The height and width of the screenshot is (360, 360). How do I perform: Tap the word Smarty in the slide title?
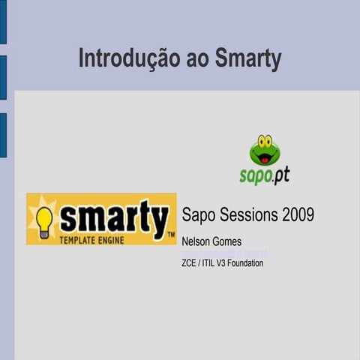pos(248,59)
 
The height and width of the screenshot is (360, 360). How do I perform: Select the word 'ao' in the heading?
pos(198,59)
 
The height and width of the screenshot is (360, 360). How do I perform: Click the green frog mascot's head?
pos(264,151)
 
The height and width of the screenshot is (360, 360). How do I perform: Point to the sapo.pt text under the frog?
pos(264,175)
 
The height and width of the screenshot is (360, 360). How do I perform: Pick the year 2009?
pos(298,214)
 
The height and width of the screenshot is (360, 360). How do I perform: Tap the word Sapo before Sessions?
pos(197,214)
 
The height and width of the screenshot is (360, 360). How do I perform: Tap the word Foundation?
pos(246,263)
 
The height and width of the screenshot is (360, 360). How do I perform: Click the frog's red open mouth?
pos(264,158)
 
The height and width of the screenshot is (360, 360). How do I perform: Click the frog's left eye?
pos(259,140)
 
